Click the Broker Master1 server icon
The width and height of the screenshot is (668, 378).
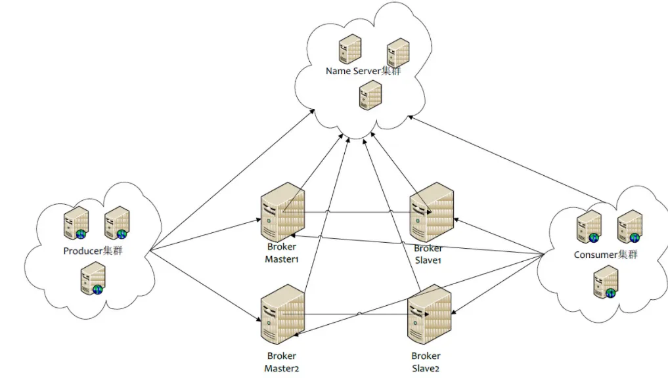[282, 215]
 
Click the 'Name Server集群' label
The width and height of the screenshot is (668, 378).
[363, 71]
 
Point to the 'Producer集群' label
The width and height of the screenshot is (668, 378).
[93, 251]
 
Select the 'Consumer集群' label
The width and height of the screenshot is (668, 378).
[606, 255]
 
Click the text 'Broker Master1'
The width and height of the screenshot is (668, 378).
[282, 253]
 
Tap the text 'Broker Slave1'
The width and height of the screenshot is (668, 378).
[428, 254]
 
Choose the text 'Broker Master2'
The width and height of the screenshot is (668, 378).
[282, 362]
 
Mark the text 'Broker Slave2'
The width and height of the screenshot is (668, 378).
[426, 362]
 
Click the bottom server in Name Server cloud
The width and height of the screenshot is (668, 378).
[370, 95]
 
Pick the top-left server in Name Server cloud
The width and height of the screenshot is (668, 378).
[350, 49]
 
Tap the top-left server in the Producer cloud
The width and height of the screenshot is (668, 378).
[76, 224]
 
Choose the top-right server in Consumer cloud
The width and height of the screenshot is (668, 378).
[629, 226]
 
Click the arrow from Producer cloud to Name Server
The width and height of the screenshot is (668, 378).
[230, 182]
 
